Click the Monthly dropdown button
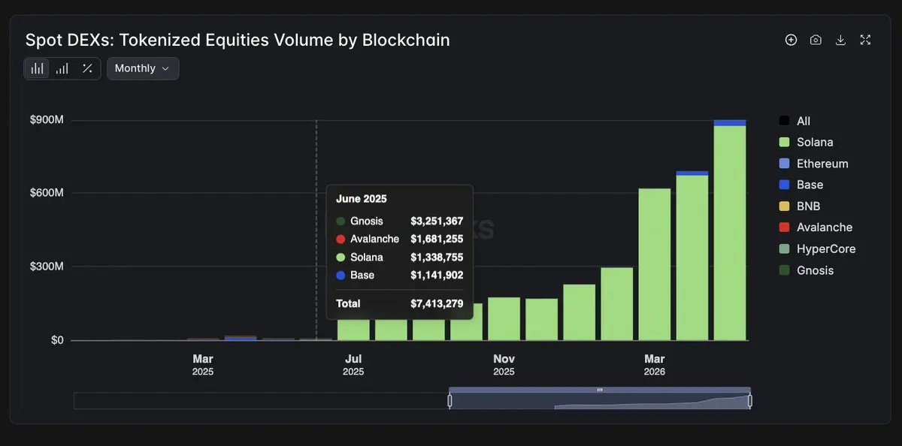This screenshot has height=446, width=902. point(143,68)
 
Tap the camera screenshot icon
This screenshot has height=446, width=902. point(816,40)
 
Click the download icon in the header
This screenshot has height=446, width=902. point(840,40)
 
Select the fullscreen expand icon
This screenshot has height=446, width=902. point(865,40)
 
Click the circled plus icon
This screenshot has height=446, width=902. point(791,40)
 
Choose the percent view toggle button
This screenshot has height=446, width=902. point(87,68)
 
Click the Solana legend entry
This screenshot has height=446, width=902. point(806,142)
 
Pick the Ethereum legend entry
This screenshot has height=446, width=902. point(814,163)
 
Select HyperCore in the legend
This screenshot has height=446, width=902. point(818,249)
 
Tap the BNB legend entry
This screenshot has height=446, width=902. point(800,206)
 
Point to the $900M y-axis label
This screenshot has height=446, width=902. point(47,119)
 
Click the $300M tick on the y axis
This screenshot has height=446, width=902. point(47,267)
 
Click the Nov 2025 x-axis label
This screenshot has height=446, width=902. point(504,364)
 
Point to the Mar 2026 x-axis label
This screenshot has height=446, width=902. point(655,364)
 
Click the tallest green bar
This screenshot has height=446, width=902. point(730,234)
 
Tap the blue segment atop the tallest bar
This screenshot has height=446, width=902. point(730,122)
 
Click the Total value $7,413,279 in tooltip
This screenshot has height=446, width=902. point(437,303)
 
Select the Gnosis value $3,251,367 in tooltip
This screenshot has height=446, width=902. point(437,221)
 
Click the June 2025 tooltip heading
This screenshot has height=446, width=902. point(362,199)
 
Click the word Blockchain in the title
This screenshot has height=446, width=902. point(406,40)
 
